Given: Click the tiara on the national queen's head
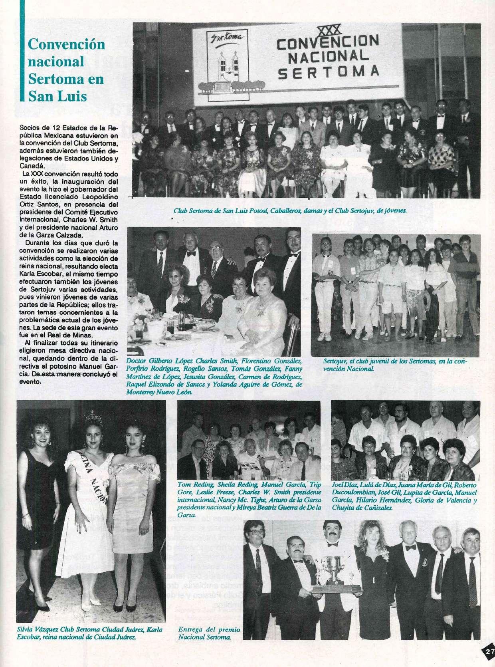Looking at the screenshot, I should click(x=95, y=417).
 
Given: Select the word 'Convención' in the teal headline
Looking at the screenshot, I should click(x=66, y=45).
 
